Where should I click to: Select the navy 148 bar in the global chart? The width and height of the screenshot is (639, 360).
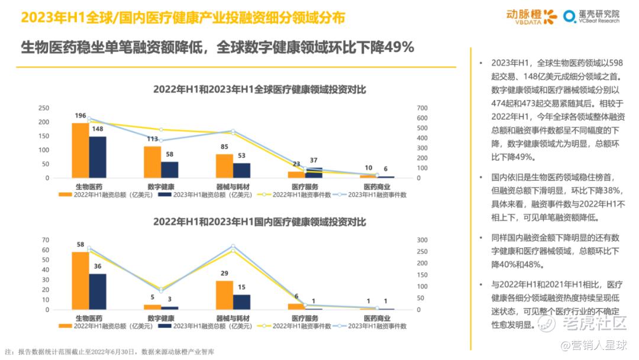click(x=98, y=157)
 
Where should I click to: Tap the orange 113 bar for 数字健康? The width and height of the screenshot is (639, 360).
click(x=152, y=162)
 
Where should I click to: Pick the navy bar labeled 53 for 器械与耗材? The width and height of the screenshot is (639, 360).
click(x=241, y=170)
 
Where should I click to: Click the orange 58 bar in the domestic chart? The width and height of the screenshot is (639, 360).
click(x=80, y=280)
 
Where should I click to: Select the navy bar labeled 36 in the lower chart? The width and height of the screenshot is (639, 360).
click(x=98, y=291)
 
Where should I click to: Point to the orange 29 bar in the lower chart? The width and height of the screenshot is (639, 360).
click(x=224, y=295)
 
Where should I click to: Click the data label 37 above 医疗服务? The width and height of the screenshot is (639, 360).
click(x=314, y=160)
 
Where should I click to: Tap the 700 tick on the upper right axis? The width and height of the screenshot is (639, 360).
click(x=421, y=108)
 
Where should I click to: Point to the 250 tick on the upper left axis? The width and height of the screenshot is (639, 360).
click(x=44, y=108)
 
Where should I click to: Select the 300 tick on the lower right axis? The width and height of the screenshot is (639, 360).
click(x=421, y=240)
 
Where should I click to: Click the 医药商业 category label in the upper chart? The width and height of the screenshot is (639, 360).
click(x=377, y=187)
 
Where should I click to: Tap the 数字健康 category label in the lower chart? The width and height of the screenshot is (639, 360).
click(x=161, y=319)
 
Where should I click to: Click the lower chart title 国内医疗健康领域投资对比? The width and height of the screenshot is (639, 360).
click(x=260, y=222)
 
